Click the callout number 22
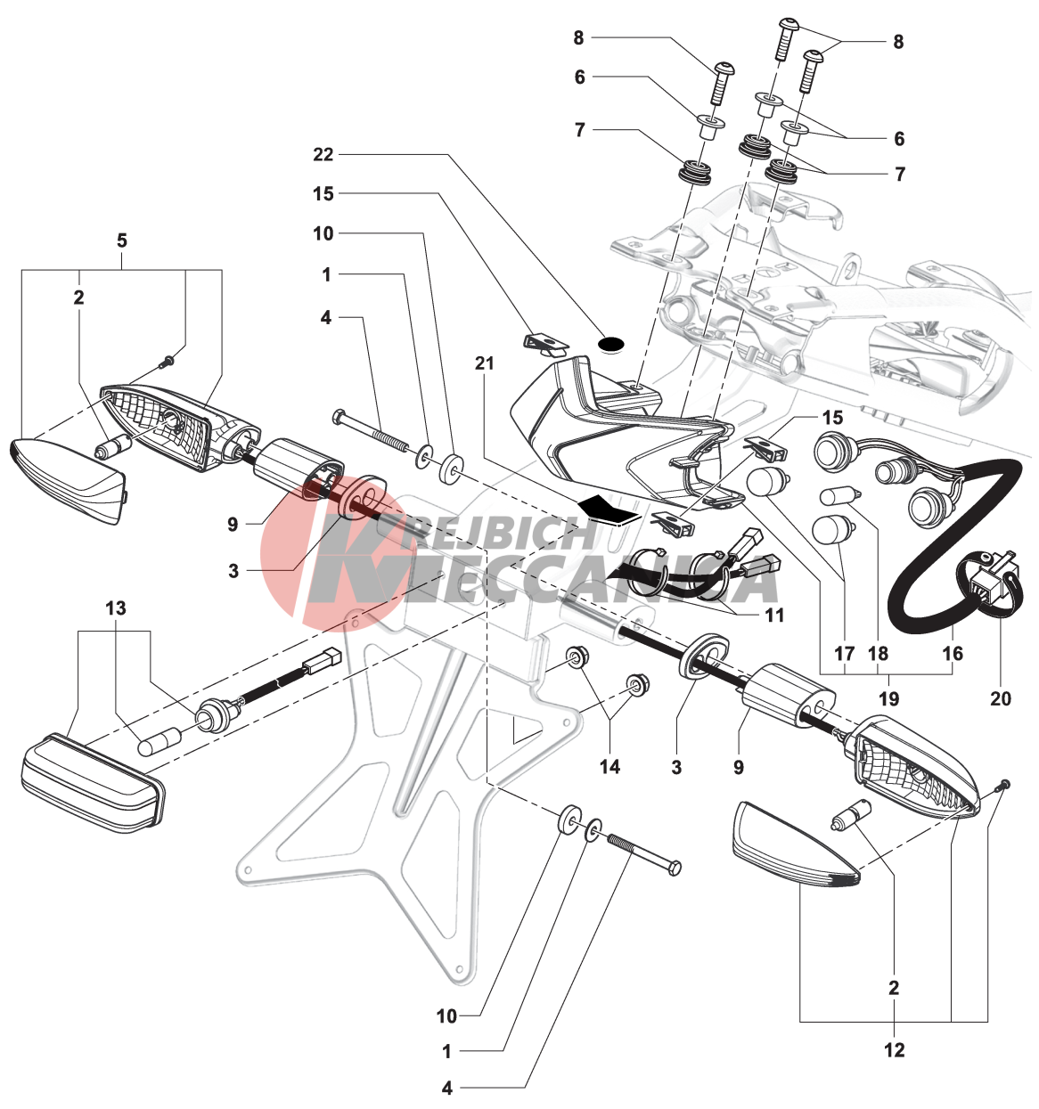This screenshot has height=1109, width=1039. (323, 155)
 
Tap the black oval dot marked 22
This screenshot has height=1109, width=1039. (610, 342)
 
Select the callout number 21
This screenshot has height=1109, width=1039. (485, 363)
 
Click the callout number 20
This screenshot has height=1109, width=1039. (1001, 698)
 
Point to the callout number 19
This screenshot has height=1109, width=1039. (888, 698)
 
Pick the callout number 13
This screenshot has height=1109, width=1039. (116, 608)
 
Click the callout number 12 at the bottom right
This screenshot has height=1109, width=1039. (894, 1050)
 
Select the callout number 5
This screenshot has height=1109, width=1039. (122, 241)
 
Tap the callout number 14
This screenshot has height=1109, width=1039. (609, 766)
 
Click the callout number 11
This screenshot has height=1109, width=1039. (774, 615)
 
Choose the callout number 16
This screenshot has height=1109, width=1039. (953, 654)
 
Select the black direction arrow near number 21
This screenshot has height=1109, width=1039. (609, 509)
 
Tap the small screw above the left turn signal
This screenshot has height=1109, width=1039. (167, 361)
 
